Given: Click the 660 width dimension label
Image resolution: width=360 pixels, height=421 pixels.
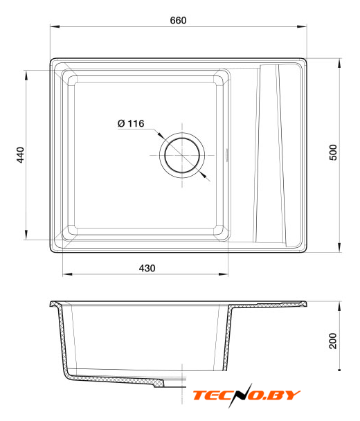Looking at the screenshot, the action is [x=178, y=20].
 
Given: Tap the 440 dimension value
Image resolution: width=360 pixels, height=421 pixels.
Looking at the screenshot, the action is [x=20, y=154].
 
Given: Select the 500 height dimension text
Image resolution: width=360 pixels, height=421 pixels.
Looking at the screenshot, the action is [x=333, y=152].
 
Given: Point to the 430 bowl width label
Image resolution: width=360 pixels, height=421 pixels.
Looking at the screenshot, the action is [x=147, y=268].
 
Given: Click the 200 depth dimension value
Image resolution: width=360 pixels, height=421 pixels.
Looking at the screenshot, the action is [x=333, y=341].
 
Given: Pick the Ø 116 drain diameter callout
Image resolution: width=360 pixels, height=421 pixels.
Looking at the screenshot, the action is [x=131, y=123].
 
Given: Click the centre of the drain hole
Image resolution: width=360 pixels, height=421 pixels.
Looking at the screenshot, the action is [x=182, y=155].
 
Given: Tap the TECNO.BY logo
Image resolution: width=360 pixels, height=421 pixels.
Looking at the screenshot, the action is [x=246, y=395].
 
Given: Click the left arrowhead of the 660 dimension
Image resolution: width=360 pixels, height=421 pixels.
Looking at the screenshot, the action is [x=55, y=26].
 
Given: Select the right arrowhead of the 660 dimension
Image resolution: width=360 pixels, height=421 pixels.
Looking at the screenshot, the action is [x=302, y=26].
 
